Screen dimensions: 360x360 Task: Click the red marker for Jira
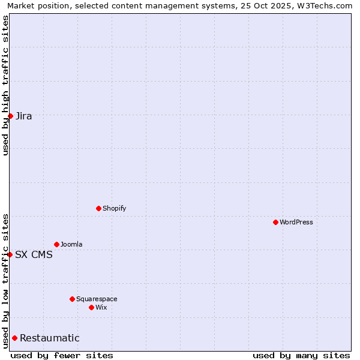10,116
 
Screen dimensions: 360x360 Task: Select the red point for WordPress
275,222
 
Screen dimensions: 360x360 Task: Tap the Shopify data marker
98,208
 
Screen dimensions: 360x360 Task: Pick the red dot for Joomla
56,244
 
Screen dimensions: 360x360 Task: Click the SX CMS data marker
10,254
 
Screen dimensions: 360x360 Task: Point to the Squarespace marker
72,299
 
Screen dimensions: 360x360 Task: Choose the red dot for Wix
91,307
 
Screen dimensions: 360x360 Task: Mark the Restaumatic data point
14,338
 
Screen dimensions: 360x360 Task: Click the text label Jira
24,116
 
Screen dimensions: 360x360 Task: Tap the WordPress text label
296,223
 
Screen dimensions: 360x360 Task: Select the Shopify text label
115,209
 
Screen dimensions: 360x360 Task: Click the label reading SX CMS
34,255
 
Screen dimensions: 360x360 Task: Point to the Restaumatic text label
50,338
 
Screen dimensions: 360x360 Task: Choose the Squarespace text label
97,299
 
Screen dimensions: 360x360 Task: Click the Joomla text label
71,245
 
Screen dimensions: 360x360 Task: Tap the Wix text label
101,308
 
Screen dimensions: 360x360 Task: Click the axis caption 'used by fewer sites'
62,355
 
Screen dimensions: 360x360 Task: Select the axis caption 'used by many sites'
301,355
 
